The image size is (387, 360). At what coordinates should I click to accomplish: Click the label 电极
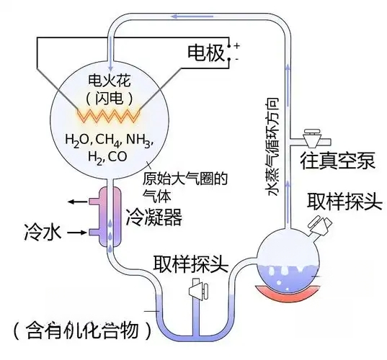point(206,53)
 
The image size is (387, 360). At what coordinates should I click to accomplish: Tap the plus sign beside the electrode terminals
point(237,45)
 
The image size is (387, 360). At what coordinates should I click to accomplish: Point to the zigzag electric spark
point(109,116)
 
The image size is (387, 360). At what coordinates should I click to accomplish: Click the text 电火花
point(110,80)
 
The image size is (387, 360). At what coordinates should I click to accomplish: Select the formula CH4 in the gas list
point(108,140)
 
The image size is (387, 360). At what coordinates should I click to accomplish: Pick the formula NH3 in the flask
point(139,140)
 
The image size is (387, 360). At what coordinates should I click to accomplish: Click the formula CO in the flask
point(117,156)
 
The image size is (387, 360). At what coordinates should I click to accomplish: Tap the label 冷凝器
point(154,217)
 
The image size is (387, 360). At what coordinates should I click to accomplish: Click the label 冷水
point(43,233)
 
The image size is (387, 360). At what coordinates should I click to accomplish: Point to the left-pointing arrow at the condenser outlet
point(78,202)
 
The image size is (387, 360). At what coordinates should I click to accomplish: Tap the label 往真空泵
point(337,161)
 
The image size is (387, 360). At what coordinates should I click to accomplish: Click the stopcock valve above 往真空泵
point(311,138)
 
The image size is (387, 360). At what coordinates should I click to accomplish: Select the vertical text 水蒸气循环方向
point(272,147)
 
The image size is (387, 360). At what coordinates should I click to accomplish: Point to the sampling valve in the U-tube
point(198,289)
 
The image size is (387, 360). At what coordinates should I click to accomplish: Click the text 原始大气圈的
point(185,179)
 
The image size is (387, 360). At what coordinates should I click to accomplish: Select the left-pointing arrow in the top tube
point(192,17)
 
